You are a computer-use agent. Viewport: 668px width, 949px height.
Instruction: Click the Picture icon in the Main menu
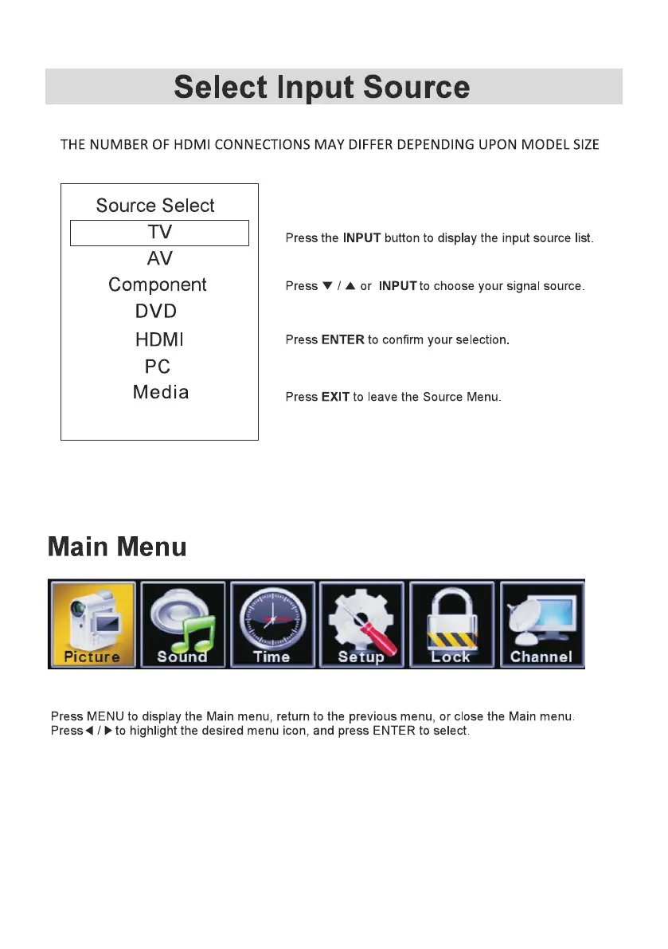pos(93,624)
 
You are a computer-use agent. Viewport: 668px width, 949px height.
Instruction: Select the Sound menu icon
pos(182,624)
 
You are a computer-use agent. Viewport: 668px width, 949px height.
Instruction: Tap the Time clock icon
pos(271,624)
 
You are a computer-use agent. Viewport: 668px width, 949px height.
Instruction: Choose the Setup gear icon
pos(361,624)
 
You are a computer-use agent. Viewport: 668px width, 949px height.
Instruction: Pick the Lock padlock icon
pos(451,624)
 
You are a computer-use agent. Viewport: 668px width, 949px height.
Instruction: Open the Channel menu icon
pos(541,624)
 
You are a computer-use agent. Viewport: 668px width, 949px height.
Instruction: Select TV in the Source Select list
pos(159,233)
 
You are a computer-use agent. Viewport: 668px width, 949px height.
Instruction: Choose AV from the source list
pos(159,259)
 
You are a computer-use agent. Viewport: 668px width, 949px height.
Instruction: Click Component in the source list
pos(158,285)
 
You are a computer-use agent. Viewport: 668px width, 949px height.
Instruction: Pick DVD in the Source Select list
pos(156,312)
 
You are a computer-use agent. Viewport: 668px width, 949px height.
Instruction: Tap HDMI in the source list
pos(159,340)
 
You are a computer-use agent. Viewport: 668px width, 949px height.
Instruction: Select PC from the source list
pos(158,367)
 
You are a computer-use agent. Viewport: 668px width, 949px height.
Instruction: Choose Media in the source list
pos(161,392)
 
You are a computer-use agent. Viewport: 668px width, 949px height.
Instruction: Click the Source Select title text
pos(155,206)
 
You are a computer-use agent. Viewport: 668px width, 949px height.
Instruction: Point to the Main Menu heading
pos(117,547)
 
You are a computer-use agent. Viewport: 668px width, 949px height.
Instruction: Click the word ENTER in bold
pos(343,340)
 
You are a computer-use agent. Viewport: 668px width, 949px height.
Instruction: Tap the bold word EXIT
pos(335,397)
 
